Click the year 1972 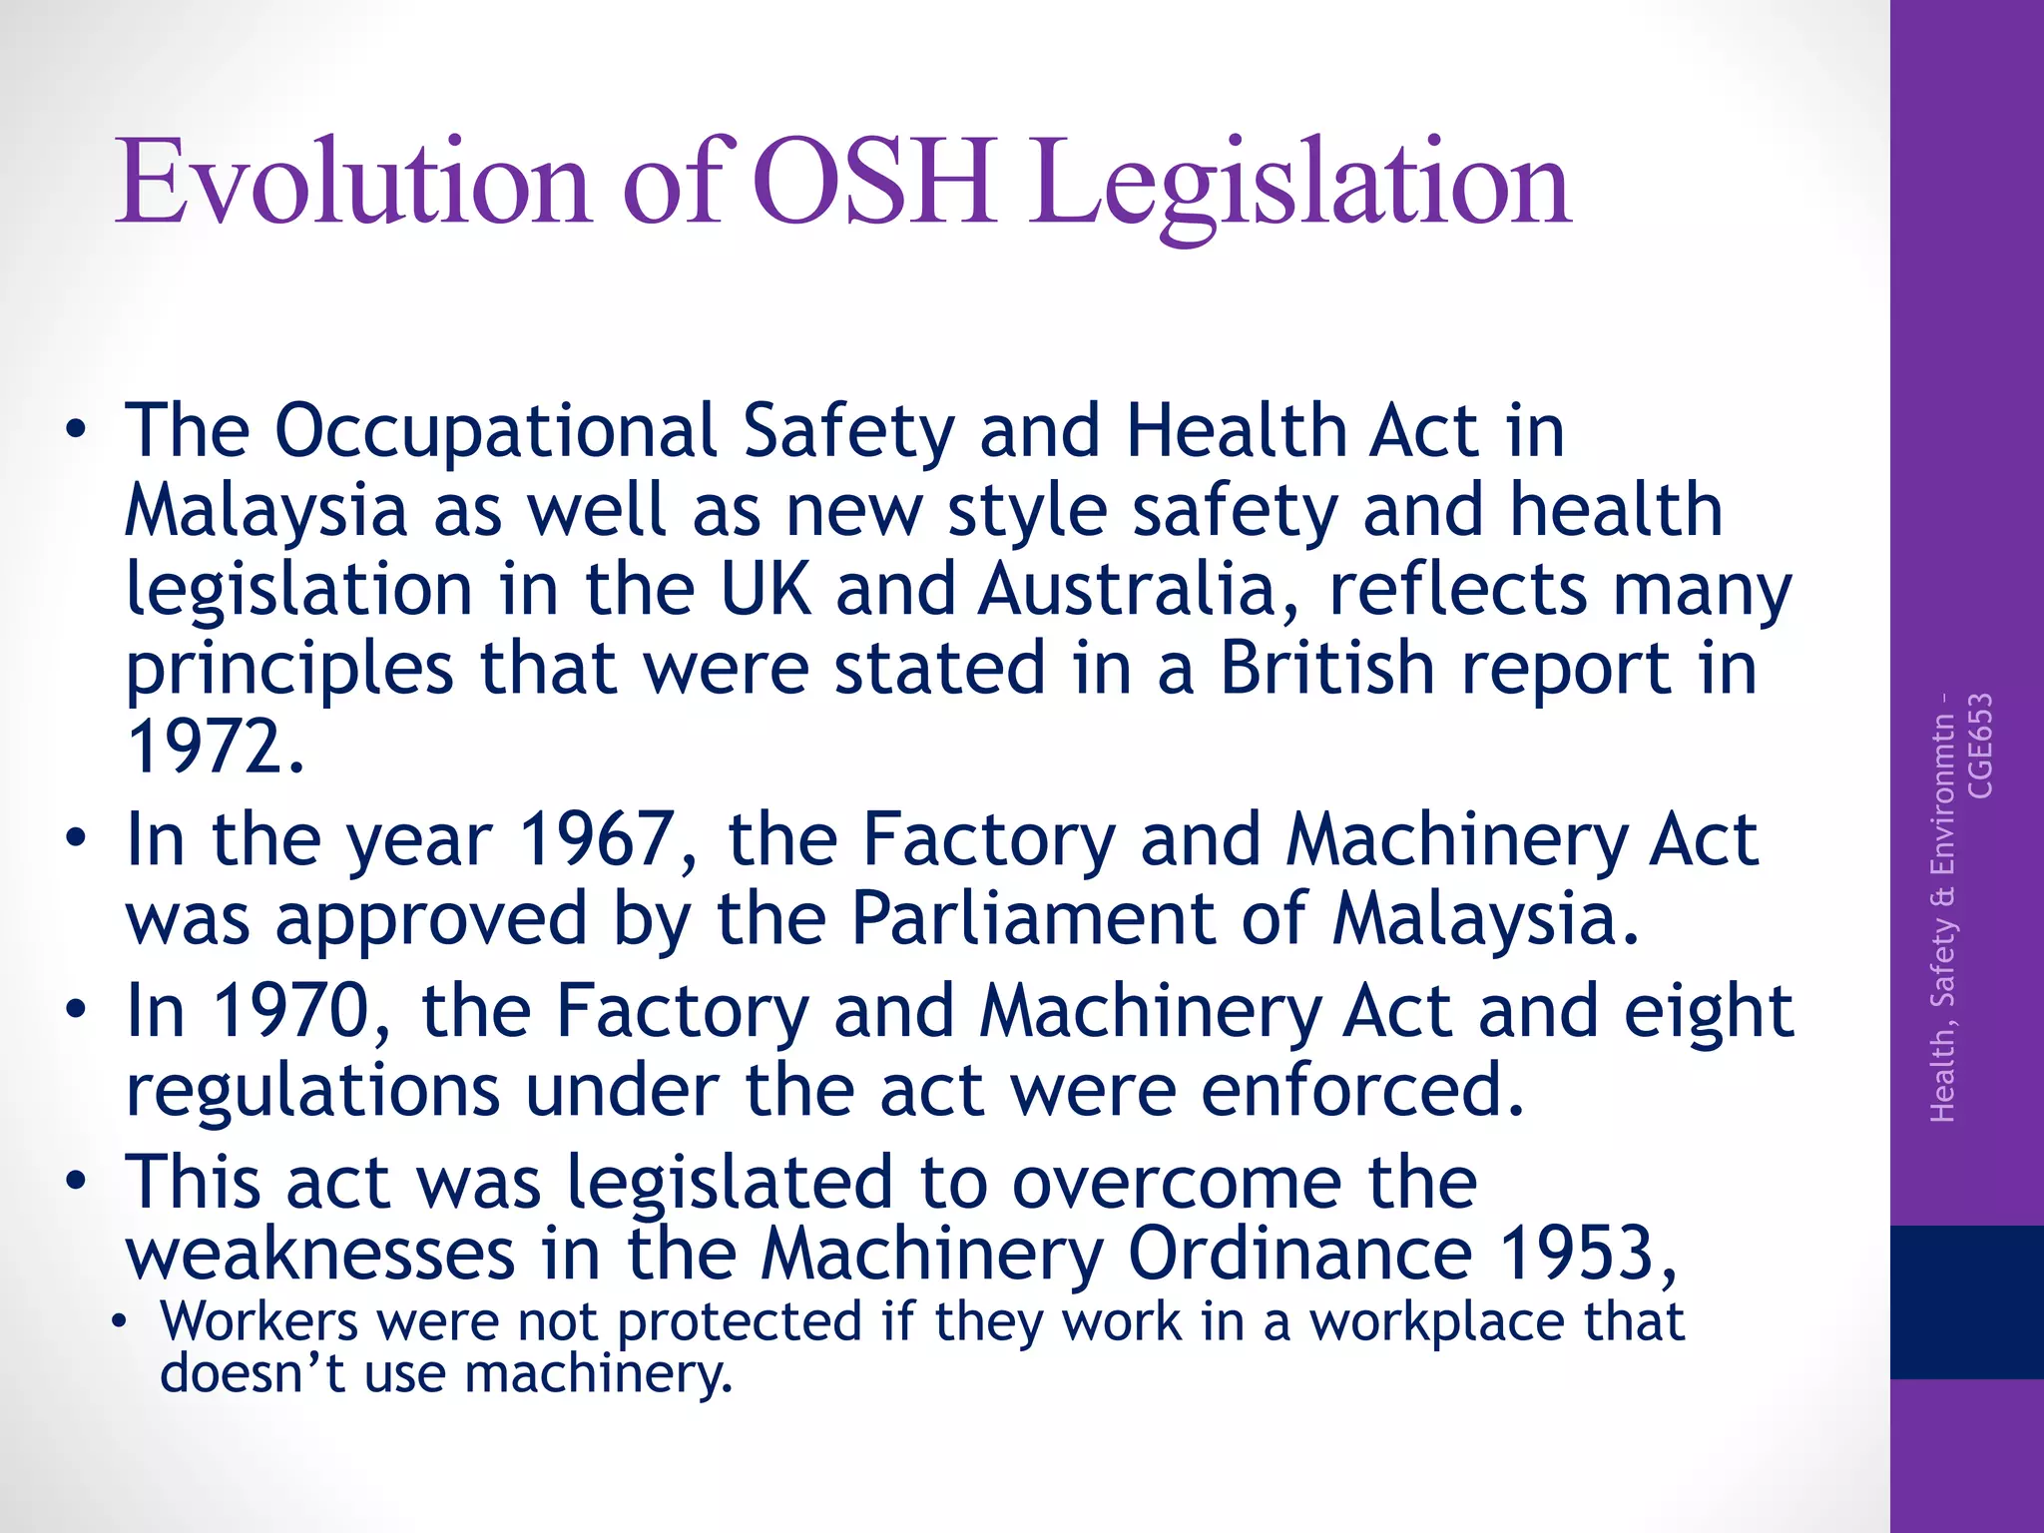(x=215, y=747)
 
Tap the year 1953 (x=1588, y=1254)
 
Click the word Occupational (x=496, y=432)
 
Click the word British (x=1327, y=668)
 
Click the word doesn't (x=253, y=1373)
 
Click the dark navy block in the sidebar (x=1966, y=1301)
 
